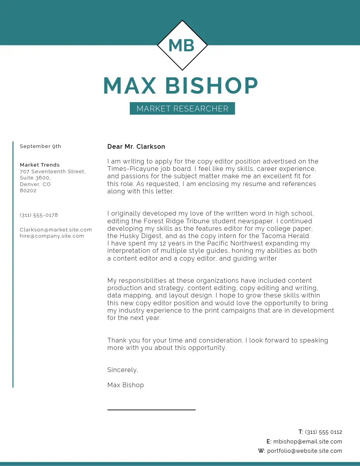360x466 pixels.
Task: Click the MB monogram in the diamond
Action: (182, 45)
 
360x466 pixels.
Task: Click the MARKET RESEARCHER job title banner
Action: (182, 109)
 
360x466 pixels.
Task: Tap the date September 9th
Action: (40, 146)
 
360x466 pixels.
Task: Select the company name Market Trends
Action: (40, 165)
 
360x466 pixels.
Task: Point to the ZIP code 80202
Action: (28, 191)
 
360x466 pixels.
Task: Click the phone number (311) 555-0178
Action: (39, 215)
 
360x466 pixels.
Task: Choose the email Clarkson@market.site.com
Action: (56, 230)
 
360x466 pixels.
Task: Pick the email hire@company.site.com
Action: (52, 236)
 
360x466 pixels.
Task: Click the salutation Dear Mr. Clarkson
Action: (136, 147)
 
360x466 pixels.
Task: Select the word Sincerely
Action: (122, 370)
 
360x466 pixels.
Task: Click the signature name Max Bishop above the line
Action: (125, 385)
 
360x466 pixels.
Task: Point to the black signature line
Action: (151, 410)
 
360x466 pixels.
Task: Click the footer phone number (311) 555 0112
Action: (323, 432)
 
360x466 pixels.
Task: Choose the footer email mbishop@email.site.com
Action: (308, 442)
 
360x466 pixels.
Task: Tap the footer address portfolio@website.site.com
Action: (304, 451)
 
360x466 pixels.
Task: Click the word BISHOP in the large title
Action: (212, 86)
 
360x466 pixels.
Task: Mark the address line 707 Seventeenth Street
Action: (52, 172)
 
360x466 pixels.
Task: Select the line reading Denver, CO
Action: (35, 184)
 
